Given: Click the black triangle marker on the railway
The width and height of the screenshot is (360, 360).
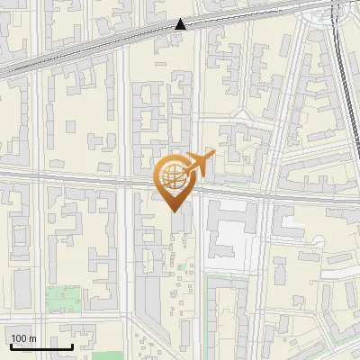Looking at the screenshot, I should (x=181, y=24).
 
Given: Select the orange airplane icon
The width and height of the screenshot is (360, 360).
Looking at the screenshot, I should (x=200, y=163).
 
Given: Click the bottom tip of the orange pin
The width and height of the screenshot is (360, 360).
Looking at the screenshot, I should (x=174, y=210).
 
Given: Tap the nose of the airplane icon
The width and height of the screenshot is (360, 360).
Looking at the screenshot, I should (x=213, y=155).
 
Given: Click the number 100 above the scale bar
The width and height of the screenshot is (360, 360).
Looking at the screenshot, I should (x=19, y=338).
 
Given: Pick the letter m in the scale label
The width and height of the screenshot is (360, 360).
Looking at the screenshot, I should (x=32, y=339).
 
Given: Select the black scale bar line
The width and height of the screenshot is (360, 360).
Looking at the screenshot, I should (x=41, y=346).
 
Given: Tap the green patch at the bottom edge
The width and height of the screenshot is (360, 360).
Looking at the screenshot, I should (x=106, y=355).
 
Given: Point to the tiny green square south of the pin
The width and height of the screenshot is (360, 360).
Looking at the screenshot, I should (x=189, y=265).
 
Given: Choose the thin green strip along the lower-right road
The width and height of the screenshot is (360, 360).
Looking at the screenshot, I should (x=212, y=297).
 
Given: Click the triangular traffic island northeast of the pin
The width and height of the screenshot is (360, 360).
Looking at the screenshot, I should (x=241, y=115).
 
